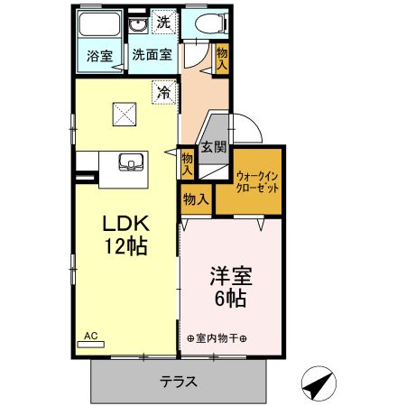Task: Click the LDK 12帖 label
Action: pyautogui.click(x=125, y=233)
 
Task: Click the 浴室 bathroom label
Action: pyautogui.click(x=99, y=55)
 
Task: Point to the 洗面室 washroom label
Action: pyautogui.click(x=152, y=54)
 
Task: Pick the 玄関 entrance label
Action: pyautogui.click(x=212, y=147)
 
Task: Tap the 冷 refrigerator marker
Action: pyautogui.click(x=164, y=91)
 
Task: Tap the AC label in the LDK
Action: pyautogui.click(x=91, y=336)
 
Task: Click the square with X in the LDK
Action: pyautogui.click(x=125, y=115)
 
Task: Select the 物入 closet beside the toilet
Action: pyautogui.click(x=223, y=58)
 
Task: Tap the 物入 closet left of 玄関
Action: pyautogui.click(x=187, y=161)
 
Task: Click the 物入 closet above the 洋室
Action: pyautogui.click(x=195, y=199)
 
